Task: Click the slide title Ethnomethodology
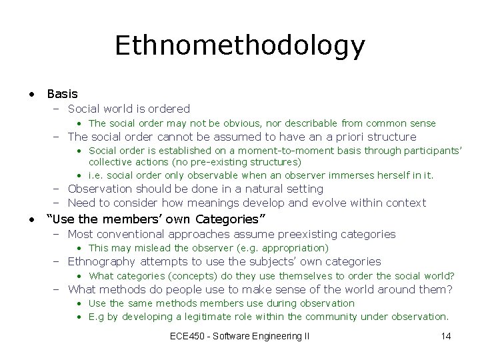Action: tap(240, 45)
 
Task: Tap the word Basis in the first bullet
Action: tap(62, 94)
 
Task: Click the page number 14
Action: tap(446, 336)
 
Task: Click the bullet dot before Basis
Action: tap(32, 94)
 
